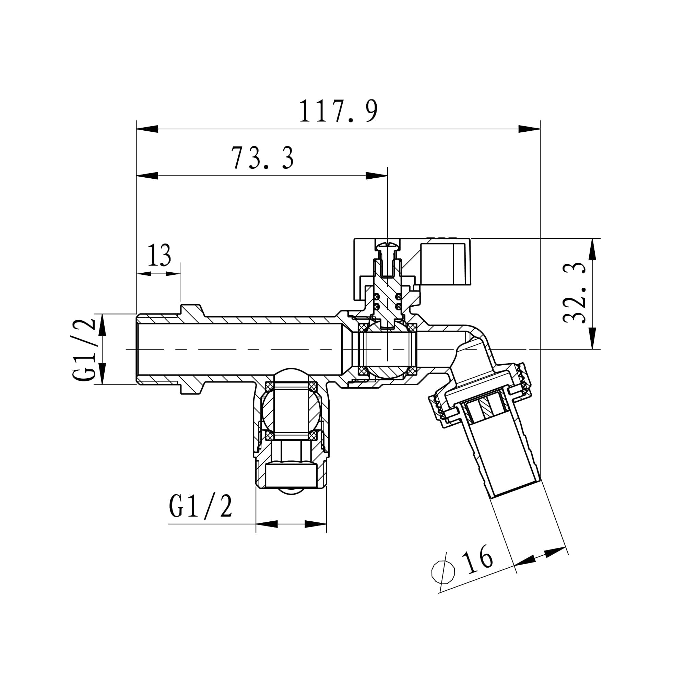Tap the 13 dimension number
159,255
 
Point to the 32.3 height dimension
574,293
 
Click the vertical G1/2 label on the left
84,349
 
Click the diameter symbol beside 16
443,572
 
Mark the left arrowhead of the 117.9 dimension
147,129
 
